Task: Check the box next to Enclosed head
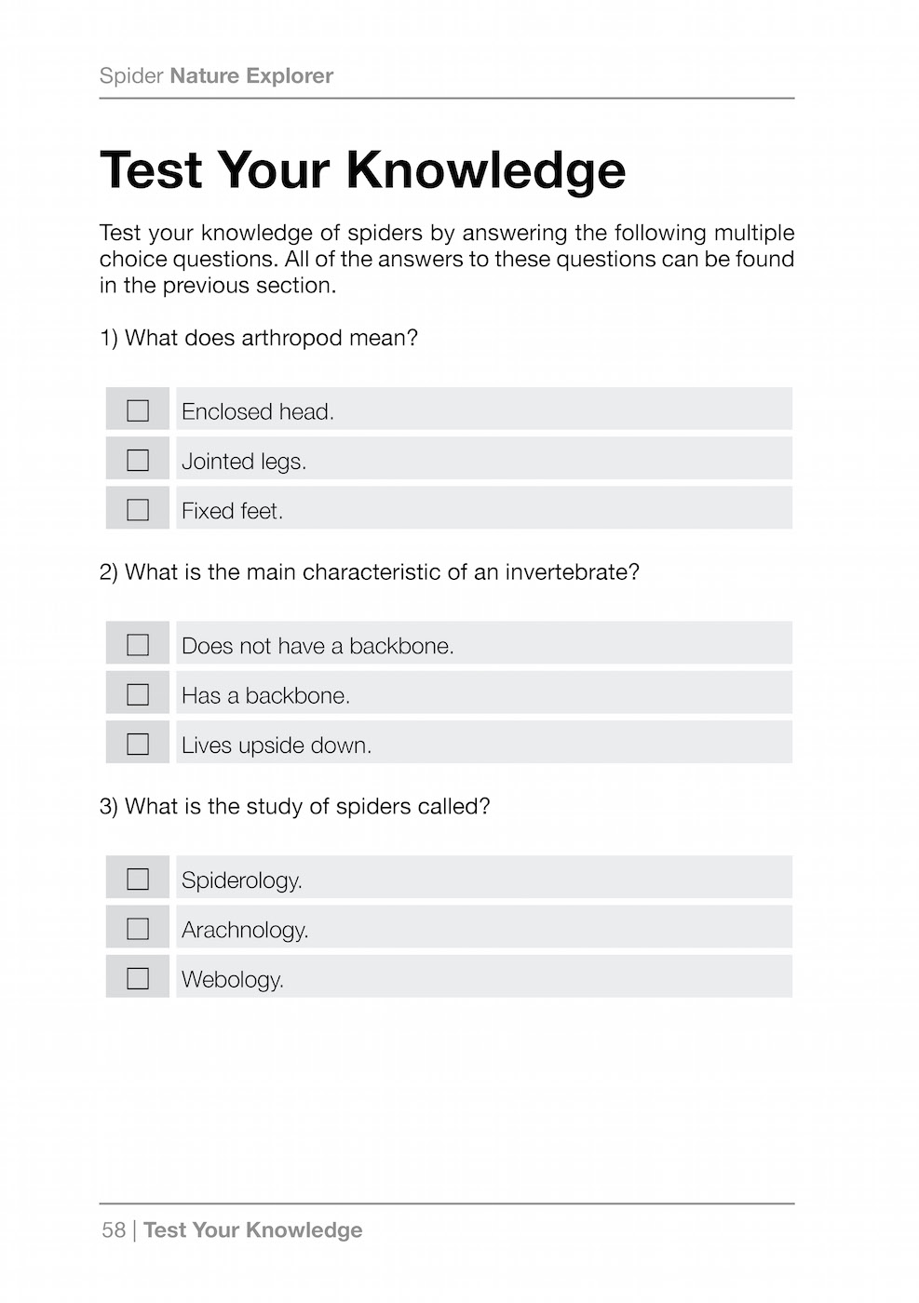138,410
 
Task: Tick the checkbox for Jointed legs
138,460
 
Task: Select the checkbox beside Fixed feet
138,510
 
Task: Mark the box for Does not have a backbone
138,645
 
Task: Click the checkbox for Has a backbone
138,694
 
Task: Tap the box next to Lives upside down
138,745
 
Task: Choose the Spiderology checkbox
138,880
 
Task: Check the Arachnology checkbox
138,929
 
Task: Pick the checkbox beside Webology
138,978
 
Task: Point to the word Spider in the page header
131,76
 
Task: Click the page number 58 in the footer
114,1230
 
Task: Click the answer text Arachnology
245,930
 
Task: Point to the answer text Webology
233,980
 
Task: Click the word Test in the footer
165,1230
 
